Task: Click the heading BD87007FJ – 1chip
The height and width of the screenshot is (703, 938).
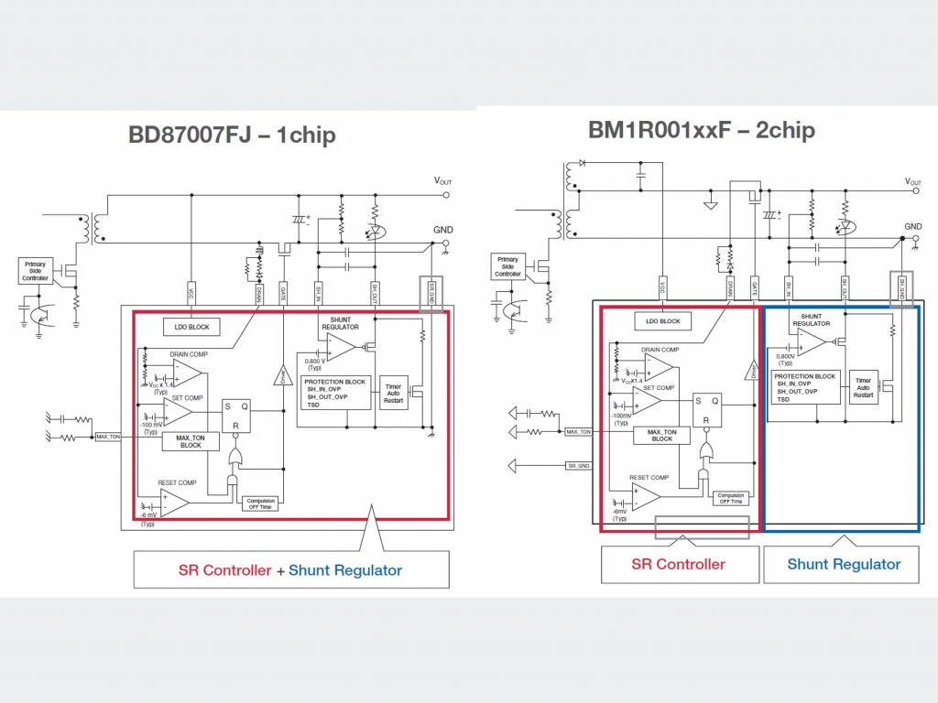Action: coord(231,135)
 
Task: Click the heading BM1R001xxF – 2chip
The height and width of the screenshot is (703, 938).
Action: coord(701,130)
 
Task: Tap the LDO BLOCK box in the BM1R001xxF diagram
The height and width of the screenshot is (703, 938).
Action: coord(662,321)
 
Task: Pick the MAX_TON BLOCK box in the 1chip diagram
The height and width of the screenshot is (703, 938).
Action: coord(191,441)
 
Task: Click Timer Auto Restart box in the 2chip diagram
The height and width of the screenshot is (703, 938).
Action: coord(864,388)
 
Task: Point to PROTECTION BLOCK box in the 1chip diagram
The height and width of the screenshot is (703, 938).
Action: coord(334,392)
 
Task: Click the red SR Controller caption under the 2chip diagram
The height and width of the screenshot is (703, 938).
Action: coord(678,564)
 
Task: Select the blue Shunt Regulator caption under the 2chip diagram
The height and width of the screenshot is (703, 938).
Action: coord(844,564)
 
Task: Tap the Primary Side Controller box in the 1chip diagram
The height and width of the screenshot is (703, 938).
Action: coord(35,270)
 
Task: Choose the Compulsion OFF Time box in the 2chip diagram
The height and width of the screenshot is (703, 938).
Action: coord(730,498)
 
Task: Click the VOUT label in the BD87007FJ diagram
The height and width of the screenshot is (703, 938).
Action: coord(442,182)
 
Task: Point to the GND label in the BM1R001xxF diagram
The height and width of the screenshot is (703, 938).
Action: coord(913,226)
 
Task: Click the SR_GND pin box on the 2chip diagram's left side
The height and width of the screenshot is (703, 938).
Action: coord(578,466)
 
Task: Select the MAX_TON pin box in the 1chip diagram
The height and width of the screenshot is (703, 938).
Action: coord(108,437)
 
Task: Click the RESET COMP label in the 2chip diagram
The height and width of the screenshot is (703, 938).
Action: coord(649,478)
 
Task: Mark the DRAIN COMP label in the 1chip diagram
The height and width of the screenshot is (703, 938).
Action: coord(188,353)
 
